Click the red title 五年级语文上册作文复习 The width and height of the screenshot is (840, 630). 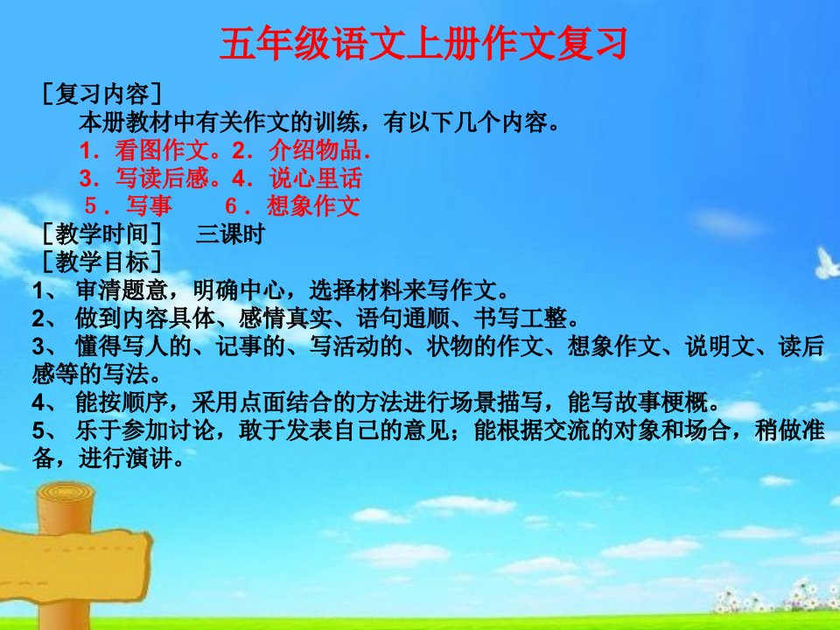click(423, 44)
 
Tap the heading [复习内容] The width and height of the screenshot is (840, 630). click(101, 94)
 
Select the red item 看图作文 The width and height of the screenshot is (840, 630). click(162, 150)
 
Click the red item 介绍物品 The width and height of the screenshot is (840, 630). click(315, 150)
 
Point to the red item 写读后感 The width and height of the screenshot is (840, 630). click(162, 178)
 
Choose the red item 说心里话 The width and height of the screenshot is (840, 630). click(316, 178)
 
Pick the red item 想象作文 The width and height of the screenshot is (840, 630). click(313, 206)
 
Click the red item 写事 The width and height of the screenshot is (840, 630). click(149, 206)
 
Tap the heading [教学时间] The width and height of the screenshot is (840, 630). click(101, 234)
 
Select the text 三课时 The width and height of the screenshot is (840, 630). click(230, 234)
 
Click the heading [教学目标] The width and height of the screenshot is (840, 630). click(101, 262)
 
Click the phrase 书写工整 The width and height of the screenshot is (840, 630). click(520, 318)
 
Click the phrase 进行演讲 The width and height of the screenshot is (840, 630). click(125, 458)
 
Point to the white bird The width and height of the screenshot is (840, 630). click(827, 263)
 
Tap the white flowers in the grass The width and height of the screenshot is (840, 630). click(777, 596)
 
